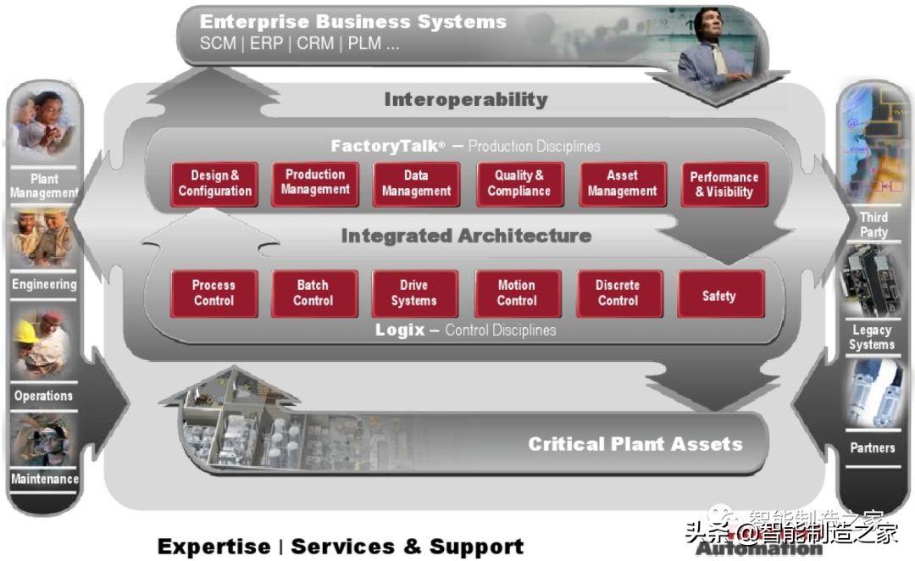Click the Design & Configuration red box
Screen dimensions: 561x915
tap(214, 183)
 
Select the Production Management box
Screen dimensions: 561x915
tap(314, 182)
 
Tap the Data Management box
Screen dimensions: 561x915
tap(416, 183)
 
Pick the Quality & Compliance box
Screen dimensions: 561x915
tap(518, 183)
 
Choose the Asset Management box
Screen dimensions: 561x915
tap(622, 183)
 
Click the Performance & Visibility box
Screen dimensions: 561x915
tap(724, 184)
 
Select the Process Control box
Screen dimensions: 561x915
tap(213, 293)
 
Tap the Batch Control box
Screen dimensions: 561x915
tap(313, 293)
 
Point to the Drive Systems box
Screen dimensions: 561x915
tap(414, 293)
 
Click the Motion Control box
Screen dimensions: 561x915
tap(517, 293)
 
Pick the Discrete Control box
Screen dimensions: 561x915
tap(618, 293)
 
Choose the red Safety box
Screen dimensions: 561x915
tap(719, 295)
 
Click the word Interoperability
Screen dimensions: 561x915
tap(465, 99)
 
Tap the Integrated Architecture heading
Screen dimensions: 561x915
tap(466, 236)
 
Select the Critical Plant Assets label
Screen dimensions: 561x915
tap(635, 443)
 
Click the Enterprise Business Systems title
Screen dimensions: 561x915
tap(353, 21)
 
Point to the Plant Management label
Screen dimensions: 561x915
tap(44, 186)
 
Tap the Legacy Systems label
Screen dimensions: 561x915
tap(872, 337)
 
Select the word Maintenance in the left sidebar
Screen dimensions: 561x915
tap(44, 479)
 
